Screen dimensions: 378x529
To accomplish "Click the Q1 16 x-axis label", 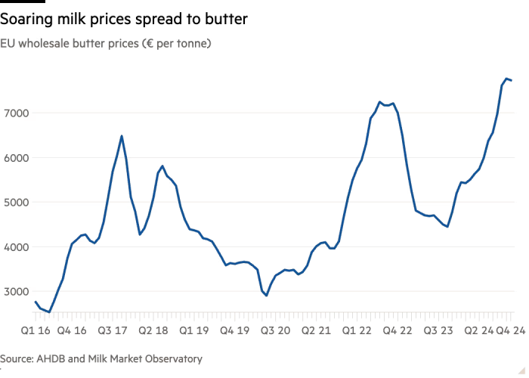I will pos(36,330).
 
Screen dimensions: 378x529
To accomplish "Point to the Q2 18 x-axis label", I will pos(155,330).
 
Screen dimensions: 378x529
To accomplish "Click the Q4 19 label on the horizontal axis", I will pos(234,330).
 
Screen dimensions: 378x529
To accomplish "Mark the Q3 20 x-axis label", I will pos(274,330).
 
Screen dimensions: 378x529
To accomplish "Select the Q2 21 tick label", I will pos(314,330).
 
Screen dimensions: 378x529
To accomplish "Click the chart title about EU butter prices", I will pos(106,44).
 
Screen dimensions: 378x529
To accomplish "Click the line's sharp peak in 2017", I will pos(121,136).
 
